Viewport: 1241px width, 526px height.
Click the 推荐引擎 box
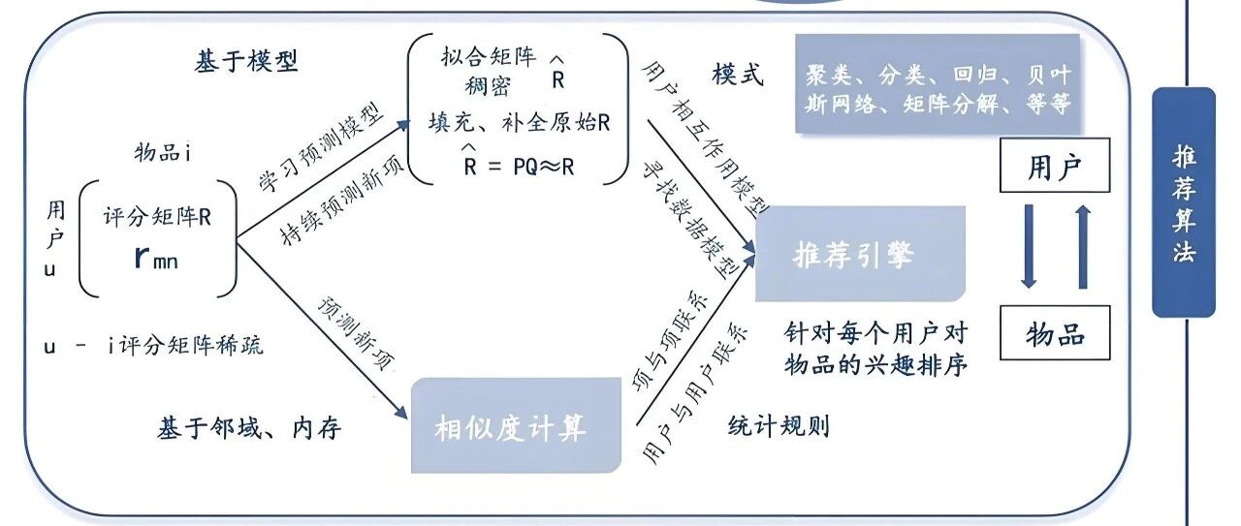click(860, 254)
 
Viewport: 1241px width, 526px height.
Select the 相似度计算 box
click(516, 425)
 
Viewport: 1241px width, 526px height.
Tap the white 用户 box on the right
click(1055, 165)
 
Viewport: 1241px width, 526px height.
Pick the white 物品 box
click(1055, 333)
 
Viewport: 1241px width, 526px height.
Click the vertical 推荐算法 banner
click(1184, 202)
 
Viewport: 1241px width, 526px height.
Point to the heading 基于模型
click(246, 60)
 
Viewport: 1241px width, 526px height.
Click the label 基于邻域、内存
click(249, 428)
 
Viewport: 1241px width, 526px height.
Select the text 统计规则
click(779, 426)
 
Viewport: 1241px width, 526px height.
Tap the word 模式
click(738, 75)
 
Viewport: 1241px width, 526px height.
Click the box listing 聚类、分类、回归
click(938, 83)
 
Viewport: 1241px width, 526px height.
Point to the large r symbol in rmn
click(142, 257)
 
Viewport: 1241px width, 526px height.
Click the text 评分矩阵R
click(157, 216)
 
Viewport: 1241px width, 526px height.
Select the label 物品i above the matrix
click(163, 152)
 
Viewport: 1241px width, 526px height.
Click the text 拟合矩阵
click(489, 56)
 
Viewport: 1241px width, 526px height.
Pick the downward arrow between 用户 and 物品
click(1029, 246)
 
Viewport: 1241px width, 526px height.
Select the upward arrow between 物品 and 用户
click(1083, 246)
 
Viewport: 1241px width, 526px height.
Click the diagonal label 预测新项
click(356, 334)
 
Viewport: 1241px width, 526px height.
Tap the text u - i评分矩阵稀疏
click(153, 346)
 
